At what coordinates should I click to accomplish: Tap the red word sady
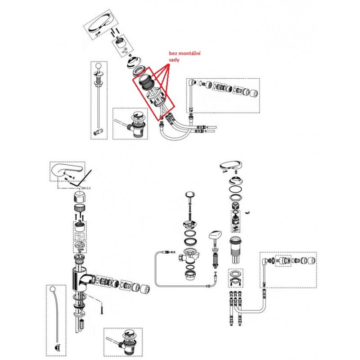(174, 60)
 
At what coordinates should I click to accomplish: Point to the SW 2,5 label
(86, 188)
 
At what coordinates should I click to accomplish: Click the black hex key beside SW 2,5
(81, 179)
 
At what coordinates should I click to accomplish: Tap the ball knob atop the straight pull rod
(98, 66)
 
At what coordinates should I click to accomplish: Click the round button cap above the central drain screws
(190, 195)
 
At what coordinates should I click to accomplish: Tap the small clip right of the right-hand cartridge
(247, 212)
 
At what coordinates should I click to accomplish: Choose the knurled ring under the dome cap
(81, 208)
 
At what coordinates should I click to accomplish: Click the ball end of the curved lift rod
(53, 289)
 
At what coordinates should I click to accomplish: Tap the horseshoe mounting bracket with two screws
(236, 282)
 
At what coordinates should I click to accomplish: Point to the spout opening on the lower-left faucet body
(93, 279)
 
